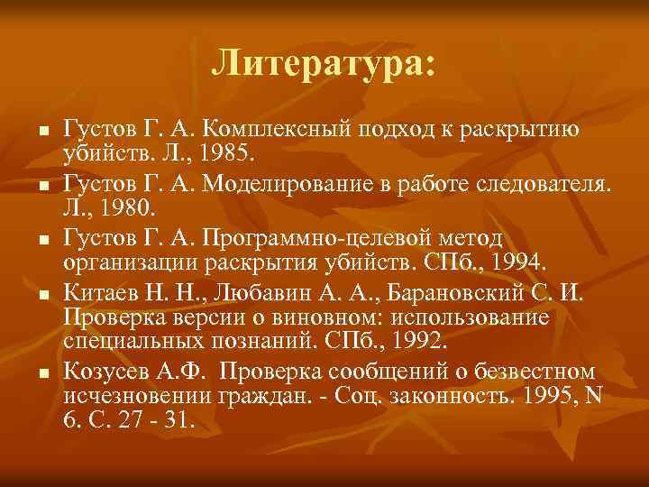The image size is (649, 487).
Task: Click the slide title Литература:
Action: (x=324, y=63)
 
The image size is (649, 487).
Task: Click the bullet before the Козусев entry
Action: (x=41, y=372)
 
